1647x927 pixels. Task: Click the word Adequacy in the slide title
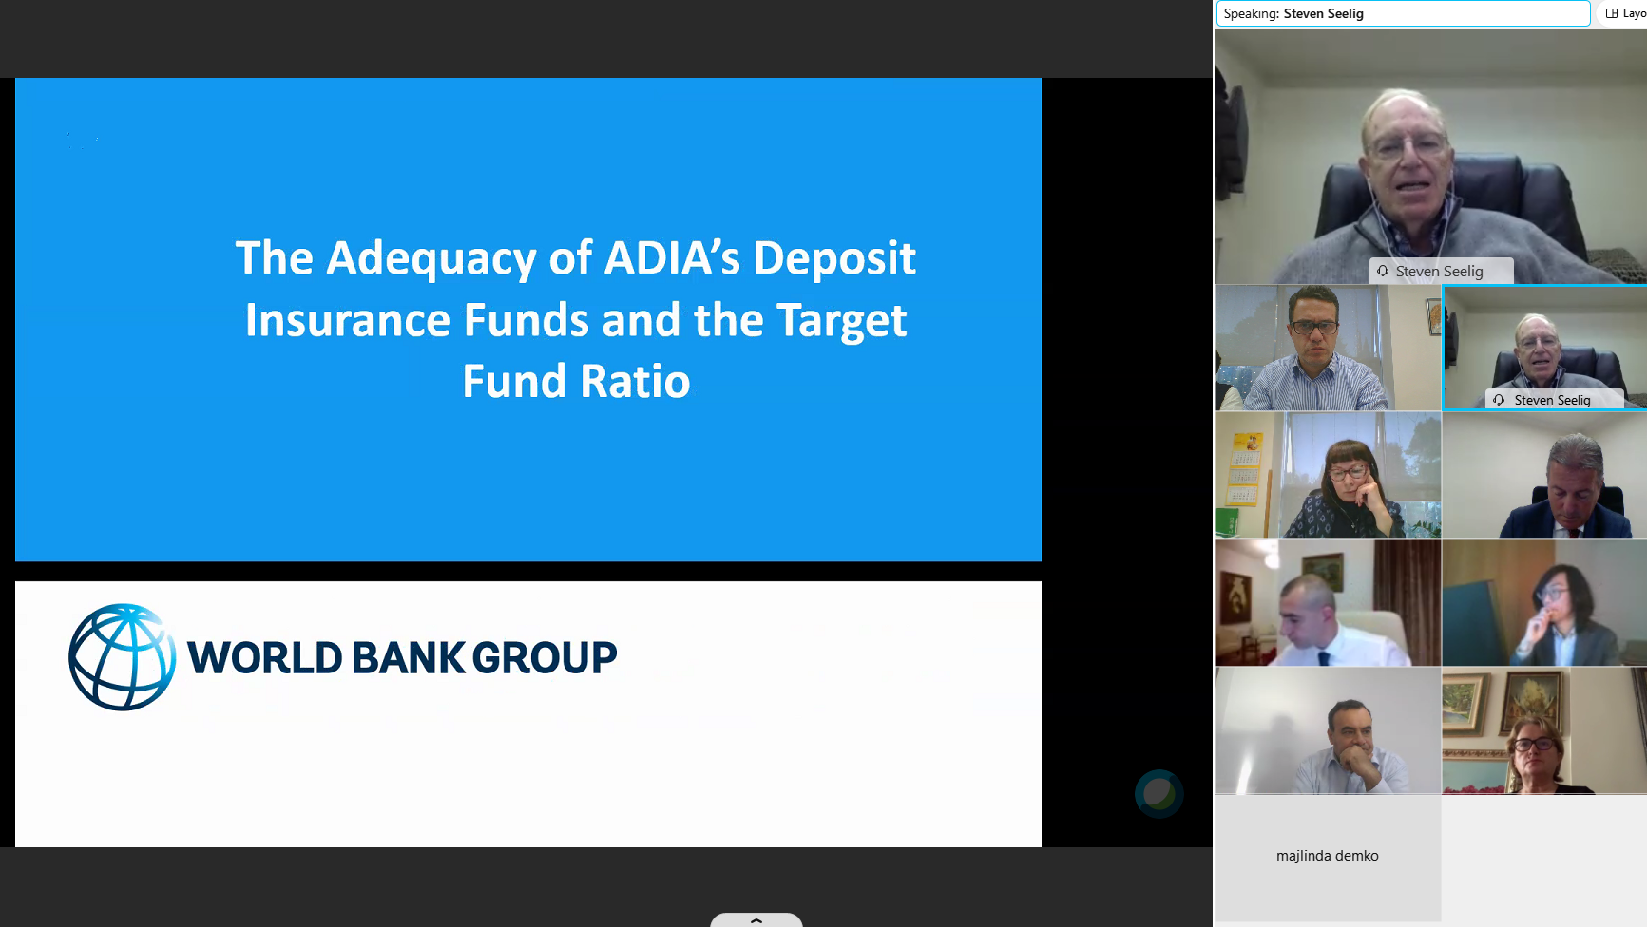[x=431, y=259]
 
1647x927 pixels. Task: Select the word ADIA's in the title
[x=672, y=257]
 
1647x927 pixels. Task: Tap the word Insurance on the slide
[x=348, y=320]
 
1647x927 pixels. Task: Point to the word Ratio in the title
[x=635, y=381]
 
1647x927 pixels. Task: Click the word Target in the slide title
[x=842, y=321]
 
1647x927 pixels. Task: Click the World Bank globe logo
[x=122, y=657]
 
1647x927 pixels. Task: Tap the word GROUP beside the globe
[x=545, y=657]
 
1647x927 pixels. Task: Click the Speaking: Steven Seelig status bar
[x=1403, y=13]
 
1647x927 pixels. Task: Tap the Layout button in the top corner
[x=1625, y=13]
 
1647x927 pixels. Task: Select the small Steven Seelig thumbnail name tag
[x=1554, y=400]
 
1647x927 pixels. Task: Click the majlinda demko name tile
[x=1328, y=857]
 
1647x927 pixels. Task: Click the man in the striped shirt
[x=1316, y=351]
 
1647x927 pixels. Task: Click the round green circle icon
[x=1159, y=793]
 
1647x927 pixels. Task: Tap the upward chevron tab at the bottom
[x=756, y=919]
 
